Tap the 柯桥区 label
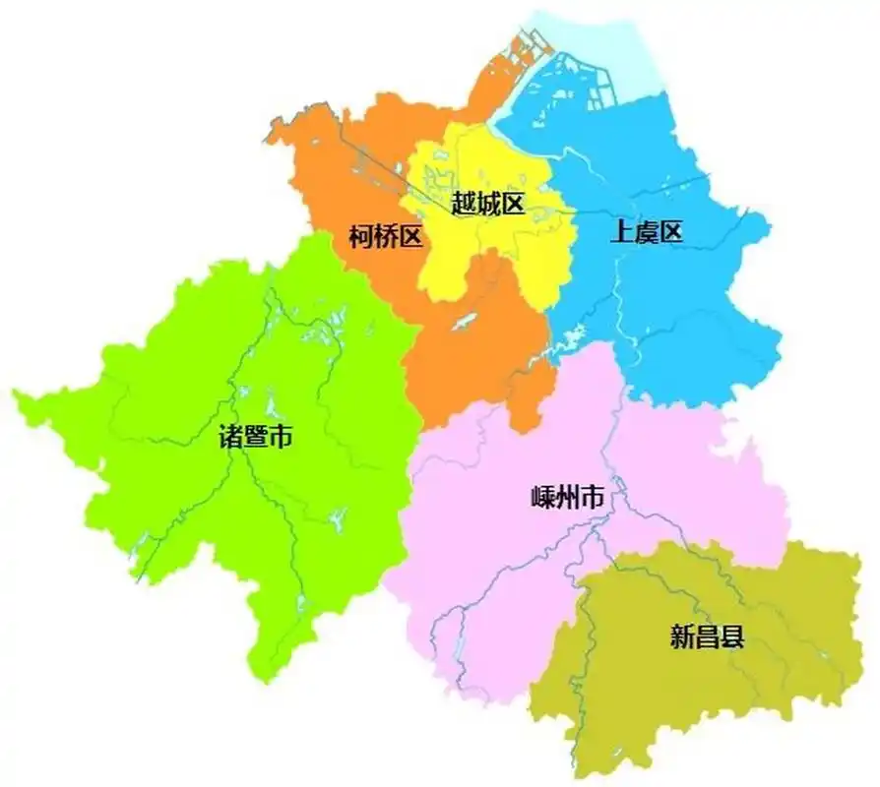(x=386, y=236)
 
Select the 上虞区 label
(x=647, y=232)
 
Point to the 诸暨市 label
(x=256, y=437)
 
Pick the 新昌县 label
(x=707, y=637)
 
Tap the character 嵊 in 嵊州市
(x=541, y=499)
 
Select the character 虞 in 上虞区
(x=647, y=232)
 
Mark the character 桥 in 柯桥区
(x=386, y=236)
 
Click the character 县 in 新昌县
(x=731, y=637)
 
